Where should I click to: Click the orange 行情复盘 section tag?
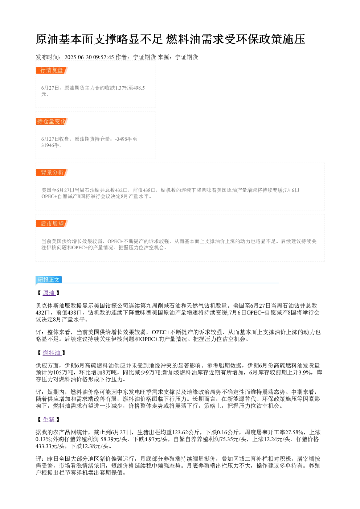click(52, 70)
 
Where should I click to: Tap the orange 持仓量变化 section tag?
click(52, 121)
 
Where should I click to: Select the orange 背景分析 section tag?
click(52, 172)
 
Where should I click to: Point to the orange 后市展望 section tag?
click(52, 223)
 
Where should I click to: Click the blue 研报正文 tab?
click(49, 280)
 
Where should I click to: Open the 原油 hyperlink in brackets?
click(49, 293)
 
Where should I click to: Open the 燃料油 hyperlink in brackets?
click(52, 353)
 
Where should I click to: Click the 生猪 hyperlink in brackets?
click(49, 419)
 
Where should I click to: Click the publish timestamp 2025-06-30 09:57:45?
click(89, 57)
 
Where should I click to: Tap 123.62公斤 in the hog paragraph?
click(186, 432)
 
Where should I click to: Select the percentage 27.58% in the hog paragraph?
click(294, 432)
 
